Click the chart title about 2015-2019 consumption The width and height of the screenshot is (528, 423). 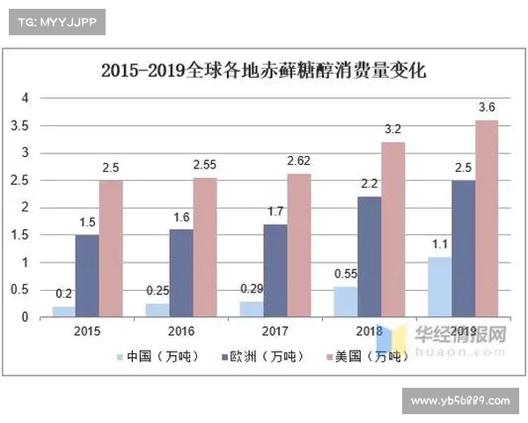pos(263,70)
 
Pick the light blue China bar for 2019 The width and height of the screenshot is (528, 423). pos(439,287)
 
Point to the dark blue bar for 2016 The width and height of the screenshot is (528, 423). pos(180,273)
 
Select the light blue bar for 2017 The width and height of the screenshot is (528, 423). pos(252,309)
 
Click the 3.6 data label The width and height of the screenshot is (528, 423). pos(487,108)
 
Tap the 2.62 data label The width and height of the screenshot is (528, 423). pos(299,161)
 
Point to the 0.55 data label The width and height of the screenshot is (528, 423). pos(346,274)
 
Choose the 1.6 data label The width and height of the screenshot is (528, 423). pos(180,217)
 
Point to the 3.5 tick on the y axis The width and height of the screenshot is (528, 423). pos(29,125)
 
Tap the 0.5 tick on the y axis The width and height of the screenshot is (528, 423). pos(29,290)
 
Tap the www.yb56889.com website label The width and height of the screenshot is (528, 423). pos(460,400)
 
